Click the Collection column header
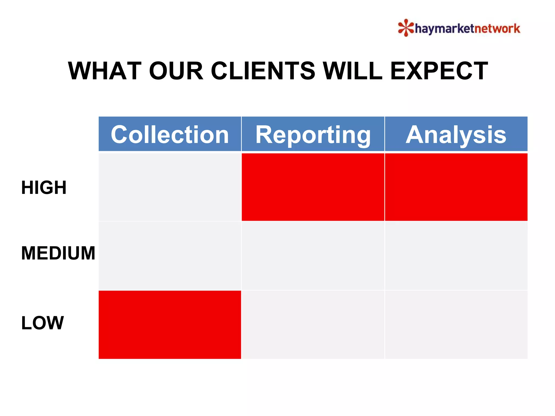pyautogui.click(x=170, y=134)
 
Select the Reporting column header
pyautogui.click(x=313, y=134)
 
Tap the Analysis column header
pyautogui.click(x=456, y=134)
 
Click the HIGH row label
pyautogui.click(x=44, y=187)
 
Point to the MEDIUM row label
pyautogui.click(x=58, y=253)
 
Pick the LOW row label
pyautogui.click(x=43, y=323)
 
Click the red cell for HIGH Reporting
pyautogui.click(x=313, y=187)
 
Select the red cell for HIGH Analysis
pyautogui.click(x=456, y=187)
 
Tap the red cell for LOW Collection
pyautogui.click(x=170, y=324)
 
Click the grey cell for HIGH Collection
pyautogui.click(x=170, y=187)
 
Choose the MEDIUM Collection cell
pyautogui.click(x=170, y=256)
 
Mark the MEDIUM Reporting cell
pyautogui.click(x=313, y=256)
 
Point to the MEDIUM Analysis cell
pyautogui.click(x=456, y=256)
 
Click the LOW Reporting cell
pyautogui.click(x=313, y=324)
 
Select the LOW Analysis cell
pyautogui.click(x=456, y=324)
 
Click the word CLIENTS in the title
pyautogui.click(x=263, y=71)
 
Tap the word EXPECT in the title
pyautogui.click(x=439, y=71)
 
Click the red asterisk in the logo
pyautogui.click(x=406, y=28)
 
